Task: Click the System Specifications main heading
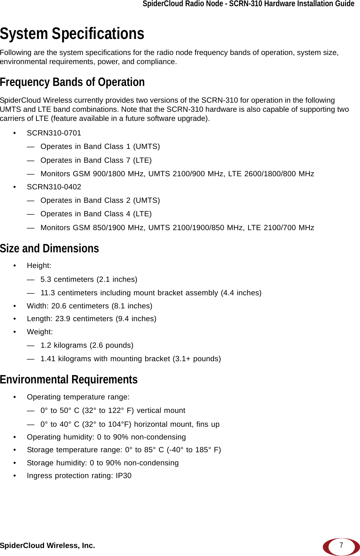pos(72,33)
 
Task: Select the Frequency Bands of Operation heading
pos(72,82)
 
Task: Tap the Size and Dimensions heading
pos(50,248)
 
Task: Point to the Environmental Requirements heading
pos(69,379)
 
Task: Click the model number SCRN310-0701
pos(54,133)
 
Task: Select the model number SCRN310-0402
pos(54,187)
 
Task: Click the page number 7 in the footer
pos(341,545)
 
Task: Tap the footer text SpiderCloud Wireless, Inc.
pos(47,545)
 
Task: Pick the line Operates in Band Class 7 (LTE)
pos(96,160)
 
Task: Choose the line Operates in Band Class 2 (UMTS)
pos(100,200)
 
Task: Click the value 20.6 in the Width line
pos(59,306)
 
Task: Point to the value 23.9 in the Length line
pos(63,319)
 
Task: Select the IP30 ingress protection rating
pos(123,476)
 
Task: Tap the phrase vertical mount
pos(161,410)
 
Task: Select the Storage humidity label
pos(57,463)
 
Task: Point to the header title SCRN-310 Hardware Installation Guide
pos(292,4)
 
